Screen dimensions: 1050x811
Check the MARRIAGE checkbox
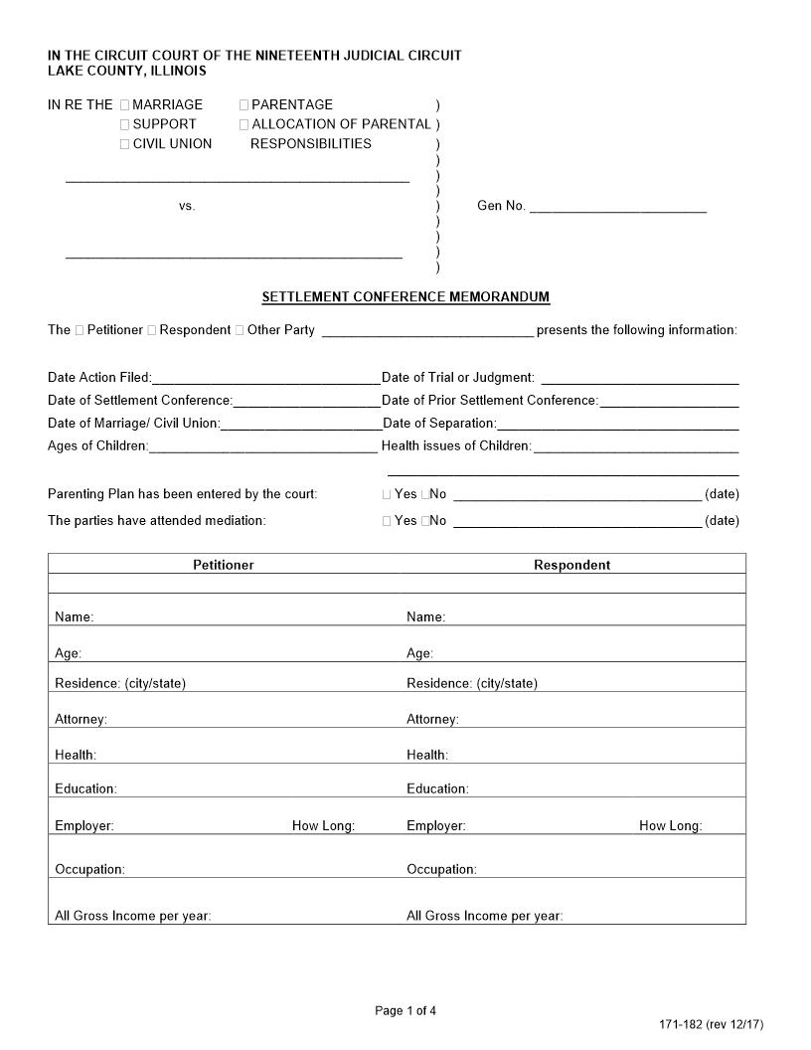pos(125,104)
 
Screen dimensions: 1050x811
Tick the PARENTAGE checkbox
pos(244,104)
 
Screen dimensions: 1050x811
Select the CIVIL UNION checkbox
pos(125,144)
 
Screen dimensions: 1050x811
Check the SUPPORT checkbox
pos(125,124)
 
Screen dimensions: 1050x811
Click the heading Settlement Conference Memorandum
pos(405,297)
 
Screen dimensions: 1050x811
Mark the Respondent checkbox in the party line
pos(152,330)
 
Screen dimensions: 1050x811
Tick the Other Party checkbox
pos(240,330)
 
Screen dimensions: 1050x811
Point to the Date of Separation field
pos(617,425)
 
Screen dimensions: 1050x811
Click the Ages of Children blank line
pos(262,447)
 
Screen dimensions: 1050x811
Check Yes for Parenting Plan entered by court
pos(387,494)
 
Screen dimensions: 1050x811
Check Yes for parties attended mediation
pos(387,521)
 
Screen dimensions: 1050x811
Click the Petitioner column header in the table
pos(224,565)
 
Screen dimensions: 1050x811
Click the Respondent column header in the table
pos(571,565)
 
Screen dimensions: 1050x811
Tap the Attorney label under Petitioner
pos(81,719)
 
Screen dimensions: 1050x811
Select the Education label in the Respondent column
pos(437,789)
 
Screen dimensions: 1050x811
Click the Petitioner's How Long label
pos(323,826)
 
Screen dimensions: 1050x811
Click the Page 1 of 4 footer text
pos(405,1011)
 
